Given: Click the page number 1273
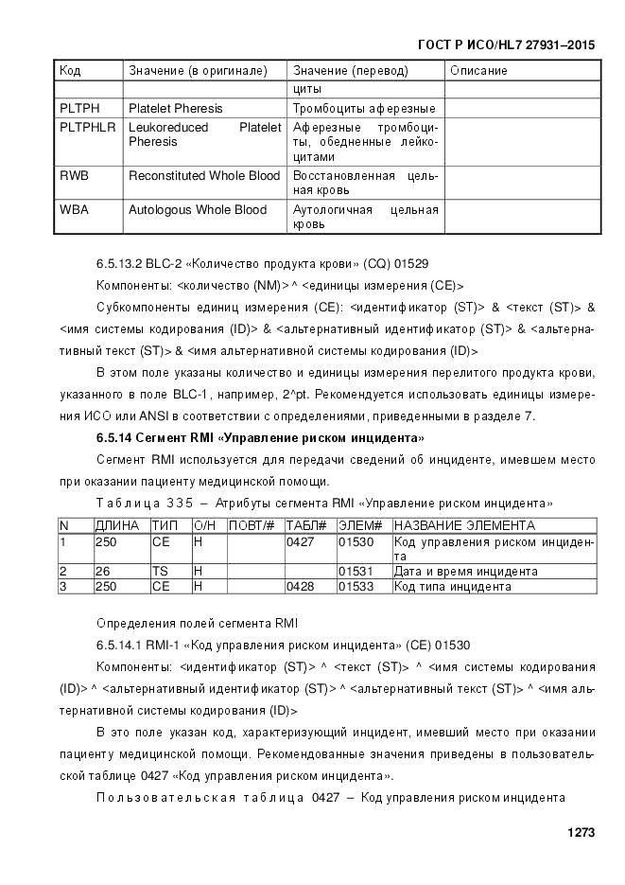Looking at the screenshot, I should click(x=580, y=833).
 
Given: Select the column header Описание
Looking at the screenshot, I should click(x=478, y=71).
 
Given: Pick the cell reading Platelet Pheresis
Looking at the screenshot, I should click(x=176, y=108).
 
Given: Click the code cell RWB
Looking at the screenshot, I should click(x=74, y=176).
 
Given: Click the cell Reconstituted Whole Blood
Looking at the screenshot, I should click(x=204, y=176).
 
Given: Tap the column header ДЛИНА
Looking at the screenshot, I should click(x=117, y=525).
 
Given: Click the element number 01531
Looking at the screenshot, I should click(x=356, y=572).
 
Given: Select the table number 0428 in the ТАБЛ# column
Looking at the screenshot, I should click(x=302, y=587).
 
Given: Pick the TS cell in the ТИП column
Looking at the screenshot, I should click(x=160, y=572).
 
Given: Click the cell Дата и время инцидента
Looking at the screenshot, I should click(x=465, y=572).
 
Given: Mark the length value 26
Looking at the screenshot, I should click(x=102, y=572).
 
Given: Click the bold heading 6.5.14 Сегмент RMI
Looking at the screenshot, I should click(x=260, y=437).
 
